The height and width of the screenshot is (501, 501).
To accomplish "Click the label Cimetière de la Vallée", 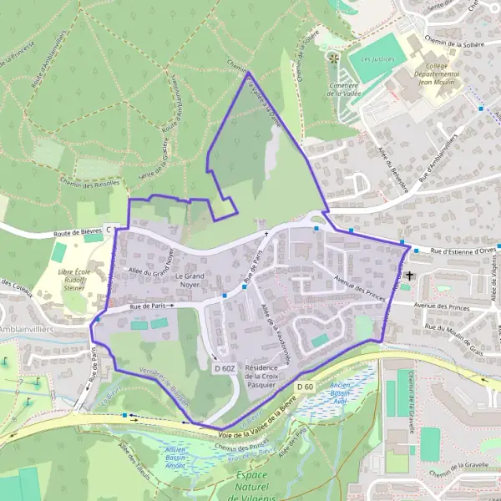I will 342,89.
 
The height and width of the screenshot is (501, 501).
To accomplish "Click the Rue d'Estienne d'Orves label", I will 463,250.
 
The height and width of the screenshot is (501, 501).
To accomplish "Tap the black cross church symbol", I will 409,275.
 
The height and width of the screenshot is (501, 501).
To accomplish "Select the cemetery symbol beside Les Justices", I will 333,58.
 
